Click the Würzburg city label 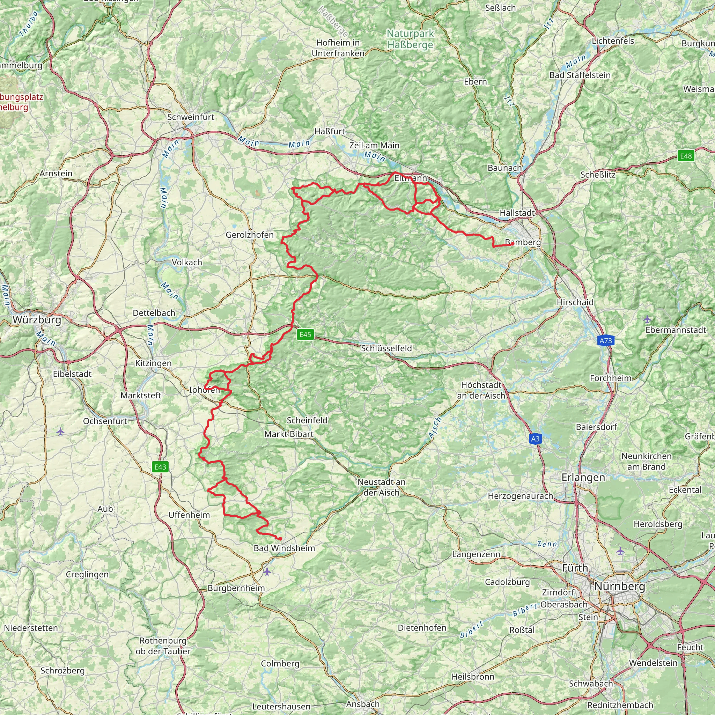click(37, 320)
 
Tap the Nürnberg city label click(620, 586)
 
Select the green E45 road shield click(305, 334)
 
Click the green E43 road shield click(160, 467)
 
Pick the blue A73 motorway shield click(606, 340)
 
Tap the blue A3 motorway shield click(535, 439)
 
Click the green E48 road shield click(686, 156)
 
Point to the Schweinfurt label click(191, 117)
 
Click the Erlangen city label click(583, 477)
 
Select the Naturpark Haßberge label click(410, 39)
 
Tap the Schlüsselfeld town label click(386, 348)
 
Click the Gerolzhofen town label click(250, 235)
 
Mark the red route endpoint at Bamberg click(512, 244)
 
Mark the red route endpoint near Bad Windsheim click(281, 539)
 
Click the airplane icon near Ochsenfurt click(60, 432)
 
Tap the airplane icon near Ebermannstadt click(647, 319)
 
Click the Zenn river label click(547, 544)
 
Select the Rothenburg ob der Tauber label click(163, 646)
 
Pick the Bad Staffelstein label click(580, 75)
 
